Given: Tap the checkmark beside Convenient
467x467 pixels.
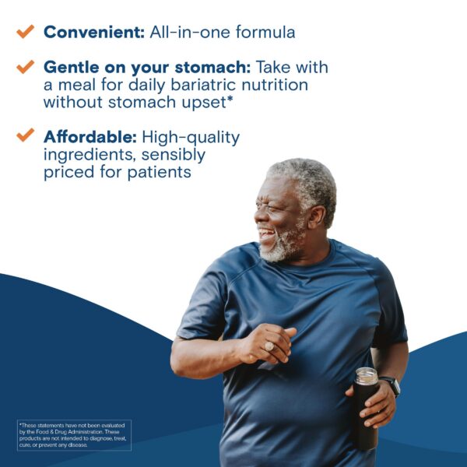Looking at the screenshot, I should click(x=26, y=31).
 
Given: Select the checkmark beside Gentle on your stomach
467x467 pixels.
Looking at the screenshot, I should click(x=26, y=67).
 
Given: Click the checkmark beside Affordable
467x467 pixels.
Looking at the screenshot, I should click(x=26, y=135).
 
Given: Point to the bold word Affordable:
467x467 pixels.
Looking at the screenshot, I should click(x=90, y=137).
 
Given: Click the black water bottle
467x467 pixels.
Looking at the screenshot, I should click(x=364, y=413).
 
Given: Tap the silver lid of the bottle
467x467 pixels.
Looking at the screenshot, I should click(x=365, y=376).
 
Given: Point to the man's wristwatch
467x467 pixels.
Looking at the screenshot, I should click(x=392, y=385).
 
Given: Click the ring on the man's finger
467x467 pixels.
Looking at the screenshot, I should click(x=269, y=345).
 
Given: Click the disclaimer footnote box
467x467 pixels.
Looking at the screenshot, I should click(x=74, y=435).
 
